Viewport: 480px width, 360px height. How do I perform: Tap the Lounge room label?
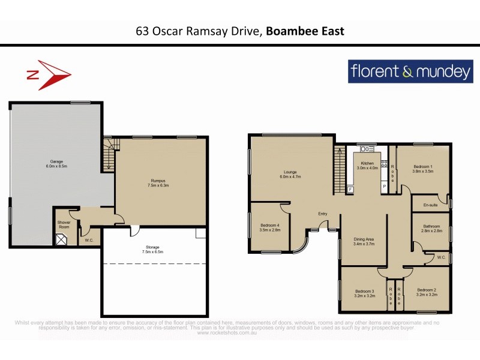tap(289, 174)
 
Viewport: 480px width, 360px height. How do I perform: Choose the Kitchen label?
tap(367, 166)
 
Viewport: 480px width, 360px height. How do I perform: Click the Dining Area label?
tap(364, 242)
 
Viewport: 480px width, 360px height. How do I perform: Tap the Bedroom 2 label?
tap(427, 293)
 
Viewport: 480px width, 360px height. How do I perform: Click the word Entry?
tap(323, 214)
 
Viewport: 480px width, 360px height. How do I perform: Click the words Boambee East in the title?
tap(305, 31)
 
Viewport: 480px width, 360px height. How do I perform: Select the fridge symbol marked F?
tap(350, 190)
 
